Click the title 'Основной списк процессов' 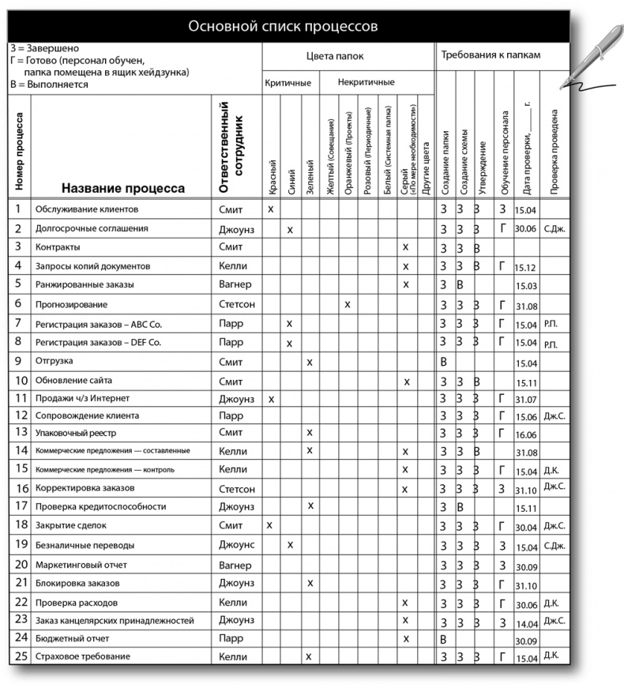point(283,26)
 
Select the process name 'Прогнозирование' point(71,304)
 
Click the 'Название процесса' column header point(122,188)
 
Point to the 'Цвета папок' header point(346,56)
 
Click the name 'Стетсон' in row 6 point(237,304)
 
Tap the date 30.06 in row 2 point(525,229)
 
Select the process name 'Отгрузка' point(55,361)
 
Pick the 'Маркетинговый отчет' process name point(81,566)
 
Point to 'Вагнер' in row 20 point(235,566)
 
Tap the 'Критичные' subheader point(288,83)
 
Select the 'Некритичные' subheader point(366,83)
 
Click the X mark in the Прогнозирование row point(348,304)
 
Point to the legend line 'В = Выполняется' point(49,84)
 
